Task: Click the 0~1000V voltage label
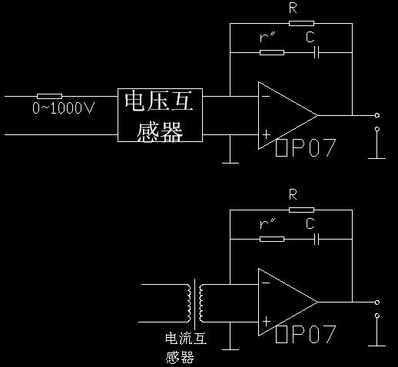pyautogui.click(x=64, y=107)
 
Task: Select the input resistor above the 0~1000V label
pyautogui.click(x=49, y=96)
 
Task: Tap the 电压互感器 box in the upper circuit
pyautogui.click(x=160, y=115)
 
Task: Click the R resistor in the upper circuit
pyautogui.click(x=301, y=23)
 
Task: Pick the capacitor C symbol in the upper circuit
pyautogui.click(x=317, y=52)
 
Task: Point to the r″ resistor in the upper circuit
pyautogui.click(x=272, y=52)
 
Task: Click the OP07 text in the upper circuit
pyautogui.click(x=306, y=147)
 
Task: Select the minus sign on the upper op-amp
pyautogui.click(x=266, y=96)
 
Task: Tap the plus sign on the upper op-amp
pyautogui.click(x=267, y=134)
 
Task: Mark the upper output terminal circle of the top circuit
pyautogui.click(x=377, y=115)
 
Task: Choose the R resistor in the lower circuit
pyautogui.click(x=301, y=210)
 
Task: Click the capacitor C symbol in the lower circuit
pyautogui.click(x=317, y=239)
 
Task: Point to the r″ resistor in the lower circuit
pyautogui.click(x=272, y=239)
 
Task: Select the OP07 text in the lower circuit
pyautogui.click(x=306, y=334)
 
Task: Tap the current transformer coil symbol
pyautogui.click(x=195, y=303)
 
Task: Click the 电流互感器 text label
pyautogui.click(x=186, y=348)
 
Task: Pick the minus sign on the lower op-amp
pyautogui.click(x=266, y=283)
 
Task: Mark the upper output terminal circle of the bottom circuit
pyautogui.click(x=377, y=303)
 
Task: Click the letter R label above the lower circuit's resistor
pyautogui.click(x=293, y=194)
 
